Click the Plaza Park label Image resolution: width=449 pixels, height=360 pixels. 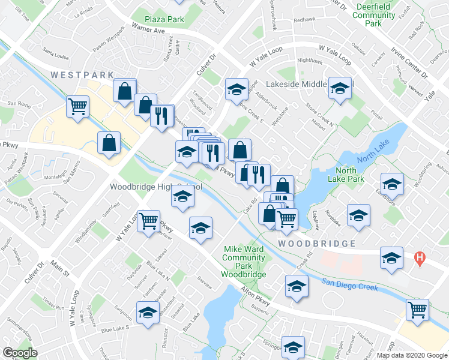click(167, 19)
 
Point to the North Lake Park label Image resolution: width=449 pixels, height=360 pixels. click(346, 174)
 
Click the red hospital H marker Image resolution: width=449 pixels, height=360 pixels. click(420, 259)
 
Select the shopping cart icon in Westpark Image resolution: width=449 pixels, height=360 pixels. click(78, 107)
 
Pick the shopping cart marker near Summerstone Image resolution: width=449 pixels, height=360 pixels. click(148, 221)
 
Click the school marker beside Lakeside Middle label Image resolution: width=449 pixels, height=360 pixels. click(340, 89)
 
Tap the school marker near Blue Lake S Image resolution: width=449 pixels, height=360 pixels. click(147, 313)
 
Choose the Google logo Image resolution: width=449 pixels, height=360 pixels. click(20, 353)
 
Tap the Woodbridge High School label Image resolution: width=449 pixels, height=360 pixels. click(154, 187)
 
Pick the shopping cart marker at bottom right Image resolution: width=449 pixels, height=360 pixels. click(417, 310)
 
